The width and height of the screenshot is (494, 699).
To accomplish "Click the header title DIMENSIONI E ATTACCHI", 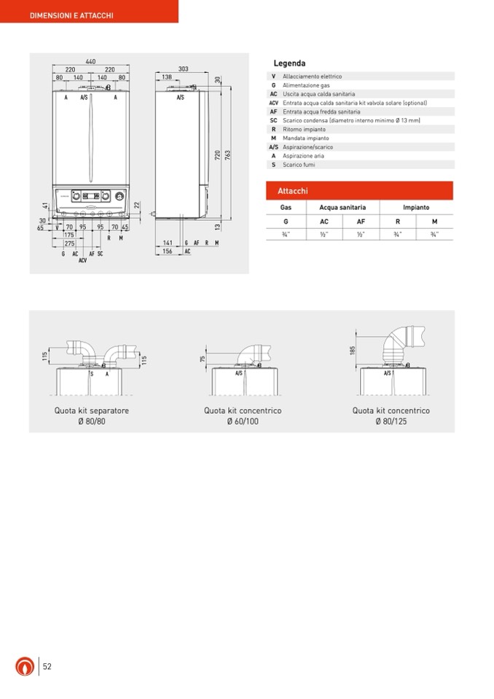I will coord(71,15).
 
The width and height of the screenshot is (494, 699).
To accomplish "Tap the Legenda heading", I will coord(289,64).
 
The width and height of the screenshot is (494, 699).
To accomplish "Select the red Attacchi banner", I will coord(361,191).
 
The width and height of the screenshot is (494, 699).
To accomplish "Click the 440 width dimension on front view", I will coord(90,63).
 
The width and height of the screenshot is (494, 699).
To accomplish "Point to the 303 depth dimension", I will coord(183,69).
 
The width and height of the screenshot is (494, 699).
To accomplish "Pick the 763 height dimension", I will coord(227,155).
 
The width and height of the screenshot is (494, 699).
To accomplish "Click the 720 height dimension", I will coord(217,155).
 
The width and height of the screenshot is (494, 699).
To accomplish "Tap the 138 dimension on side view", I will coord(167,77).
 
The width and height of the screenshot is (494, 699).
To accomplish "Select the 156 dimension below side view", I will coord(167,251).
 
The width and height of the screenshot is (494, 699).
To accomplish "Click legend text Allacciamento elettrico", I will coord(312,77).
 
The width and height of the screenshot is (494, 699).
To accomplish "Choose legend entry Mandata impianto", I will coord(305,138).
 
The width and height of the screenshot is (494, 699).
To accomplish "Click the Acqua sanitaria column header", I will coord(342,208).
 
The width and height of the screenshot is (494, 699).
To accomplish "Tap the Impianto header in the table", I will coord(416,208).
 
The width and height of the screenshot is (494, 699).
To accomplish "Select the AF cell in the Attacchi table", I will coord(361,221).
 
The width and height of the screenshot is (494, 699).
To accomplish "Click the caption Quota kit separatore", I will coord(92,411).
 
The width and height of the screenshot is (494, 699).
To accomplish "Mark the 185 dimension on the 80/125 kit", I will coord(353,351).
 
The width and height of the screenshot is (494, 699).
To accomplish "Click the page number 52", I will coord(47,667).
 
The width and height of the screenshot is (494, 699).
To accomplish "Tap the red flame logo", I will coord(25,666).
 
